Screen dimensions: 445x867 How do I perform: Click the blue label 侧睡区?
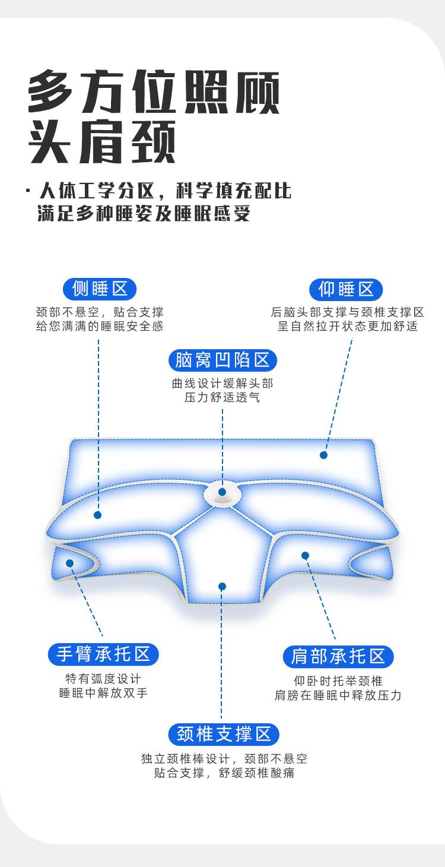pos(100,289)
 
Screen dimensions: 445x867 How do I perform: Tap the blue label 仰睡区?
pos(347,289)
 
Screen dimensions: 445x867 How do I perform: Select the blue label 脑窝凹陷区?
pos(223,360)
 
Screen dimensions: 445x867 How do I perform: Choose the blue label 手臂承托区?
pos(103,654)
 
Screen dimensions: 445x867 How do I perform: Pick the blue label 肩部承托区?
pos(338,656)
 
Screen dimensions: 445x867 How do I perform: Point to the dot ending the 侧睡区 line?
pos(98,515)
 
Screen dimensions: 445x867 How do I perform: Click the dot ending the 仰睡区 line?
pos(323,455)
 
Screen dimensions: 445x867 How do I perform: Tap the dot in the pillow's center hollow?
pos(223,492)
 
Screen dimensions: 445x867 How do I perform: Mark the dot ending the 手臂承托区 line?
pos(70,563)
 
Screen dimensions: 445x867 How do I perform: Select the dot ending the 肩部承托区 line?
pos(305,556)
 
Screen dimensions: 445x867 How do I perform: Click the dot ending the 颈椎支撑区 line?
pos(222,587)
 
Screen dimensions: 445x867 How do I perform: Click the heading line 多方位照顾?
pos(154,93)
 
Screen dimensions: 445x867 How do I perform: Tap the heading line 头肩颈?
pos(102,142)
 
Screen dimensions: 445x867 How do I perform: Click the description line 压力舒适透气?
pos(223,397)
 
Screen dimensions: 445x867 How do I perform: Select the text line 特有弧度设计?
pos(103,679)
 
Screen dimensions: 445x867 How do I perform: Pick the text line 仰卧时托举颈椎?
pos(338,681)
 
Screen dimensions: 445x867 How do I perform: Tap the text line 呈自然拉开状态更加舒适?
pos(348,326)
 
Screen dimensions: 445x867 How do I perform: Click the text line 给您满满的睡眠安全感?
pos(100,326)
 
